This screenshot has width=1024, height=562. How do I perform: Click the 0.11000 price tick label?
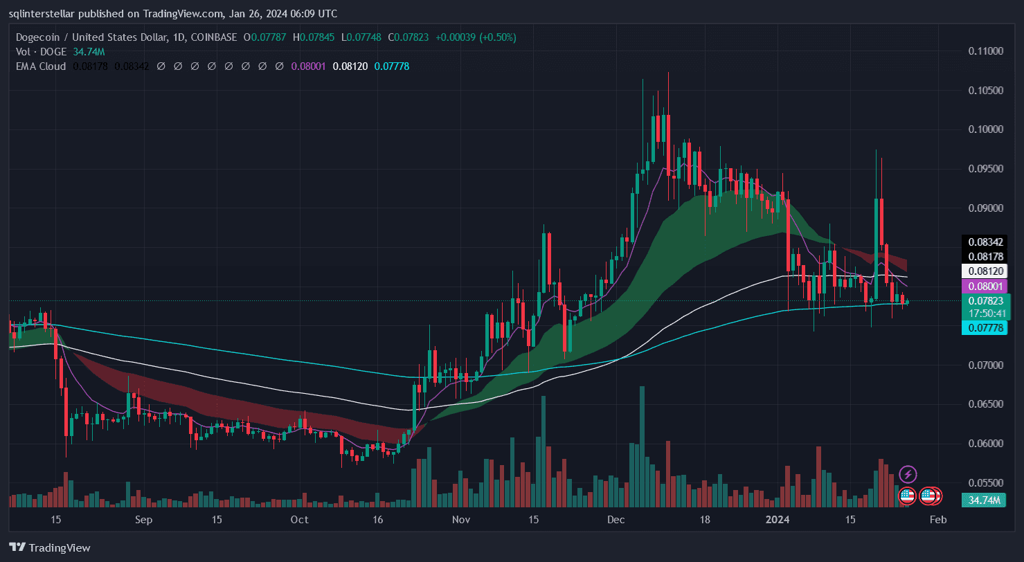(x=986, y=51)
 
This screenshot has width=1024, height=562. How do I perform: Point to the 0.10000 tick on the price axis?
(x=986, y=129)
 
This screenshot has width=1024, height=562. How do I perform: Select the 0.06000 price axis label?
(x=986, y=443)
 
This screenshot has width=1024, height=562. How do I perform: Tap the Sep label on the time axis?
(x=143, y=520)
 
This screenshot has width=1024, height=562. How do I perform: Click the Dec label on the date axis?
(x=616, y=520)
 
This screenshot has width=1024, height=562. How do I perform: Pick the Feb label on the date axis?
(x=937, y=520)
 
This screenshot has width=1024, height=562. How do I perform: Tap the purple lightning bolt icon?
(x=908, y=474)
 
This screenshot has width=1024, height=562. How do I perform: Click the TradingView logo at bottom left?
(x=50, y=547)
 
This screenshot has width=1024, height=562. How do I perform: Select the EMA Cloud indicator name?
(x=41, y=66)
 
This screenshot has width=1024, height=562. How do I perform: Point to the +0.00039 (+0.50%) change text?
(x=475, y=37)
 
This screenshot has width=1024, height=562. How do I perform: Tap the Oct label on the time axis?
(x=299, y=520)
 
